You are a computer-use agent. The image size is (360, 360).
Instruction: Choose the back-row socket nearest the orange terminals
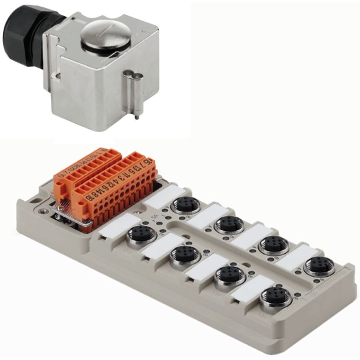[185, 205]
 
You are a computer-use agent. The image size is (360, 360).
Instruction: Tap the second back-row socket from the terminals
[229, 224]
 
